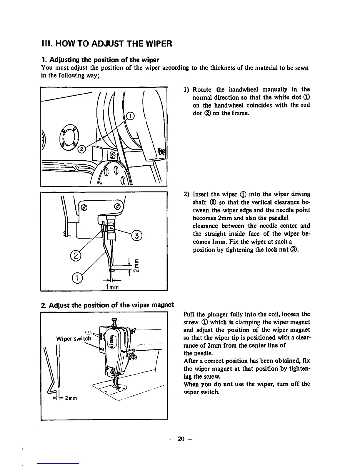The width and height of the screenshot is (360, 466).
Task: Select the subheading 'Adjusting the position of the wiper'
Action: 100,60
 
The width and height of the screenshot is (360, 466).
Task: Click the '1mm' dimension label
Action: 111,287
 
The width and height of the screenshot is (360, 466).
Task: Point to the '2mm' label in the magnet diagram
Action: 71,399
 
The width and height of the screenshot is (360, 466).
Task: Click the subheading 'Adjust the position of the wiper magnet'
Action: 107,304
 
